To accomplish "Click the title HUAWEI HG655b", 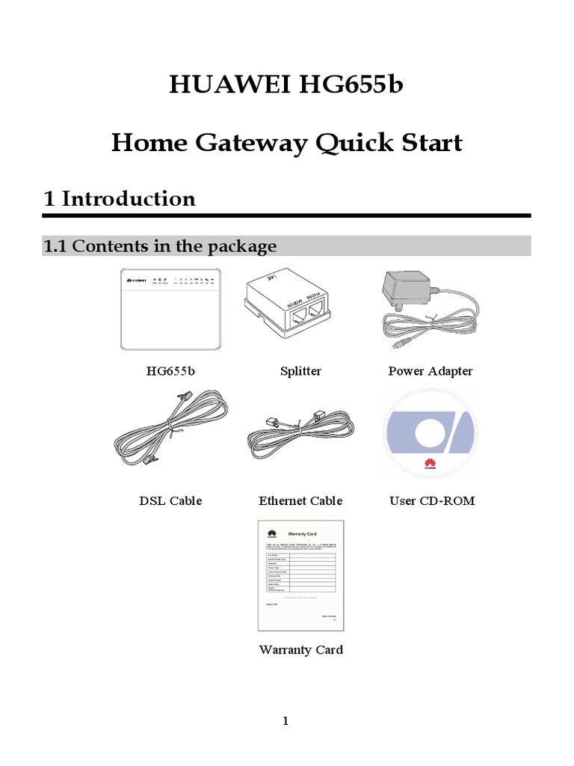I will (x=287, y=85).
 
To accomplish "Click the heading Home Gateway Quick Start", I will (x=287, y=142).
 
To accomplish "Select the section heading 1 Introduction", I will (x=120, y=198).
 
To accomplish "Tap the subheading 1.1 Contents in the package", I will (x=160, y=246).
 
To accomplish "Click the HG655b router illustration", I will (x=172, y=308).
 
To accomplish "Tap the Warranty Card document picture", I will (x=301, y=574).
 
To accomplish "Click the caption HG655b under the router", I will (x=172, y=371).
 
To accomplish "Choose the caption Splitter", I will (x=300, y=371).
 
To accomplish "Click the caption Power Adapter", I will (x=430, y=371).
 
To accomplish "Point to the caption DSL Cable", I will (x=170, y=500).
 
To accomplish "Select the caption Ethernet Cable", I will (x=300, y=500).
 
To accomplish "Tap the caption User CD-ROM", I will (x=432, y=500).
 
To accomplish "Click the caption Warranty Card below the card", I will (x=301, y=649).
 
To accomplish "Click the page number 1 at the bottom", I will (x=285, y=722).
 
